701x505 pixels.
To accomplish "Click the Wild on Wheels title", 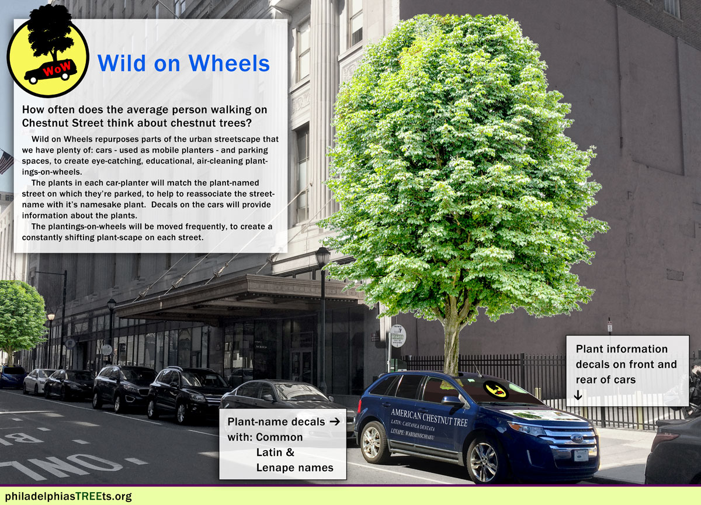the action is coord(183,63).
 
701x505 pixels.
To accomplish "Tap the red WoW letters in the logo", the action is coord(57,68).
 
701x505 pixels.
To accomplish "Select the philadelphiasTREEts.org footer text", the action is coord(68,496).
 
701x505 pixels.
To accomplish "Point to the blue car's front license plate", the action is coord(581,455).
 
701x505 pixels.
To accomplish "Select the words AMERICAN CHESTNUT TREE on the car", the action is coord(429,417).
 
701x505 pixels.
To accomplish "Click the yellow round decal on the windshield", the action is coord(495,389).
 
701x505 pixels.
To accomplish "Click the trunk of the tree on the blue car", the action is coord(451,344).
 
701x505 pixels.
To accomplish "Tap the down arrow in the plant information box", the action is coord(578,396).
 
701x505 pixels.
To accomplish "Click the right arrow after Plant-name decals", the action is coord(335,421).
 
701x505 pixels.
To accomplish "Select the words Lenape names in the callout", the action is coord(294,468).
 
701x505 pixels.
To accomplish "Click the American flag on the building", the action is coord(6,161).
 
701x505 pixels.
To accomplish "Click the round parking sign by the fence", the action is coord(398,336).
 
